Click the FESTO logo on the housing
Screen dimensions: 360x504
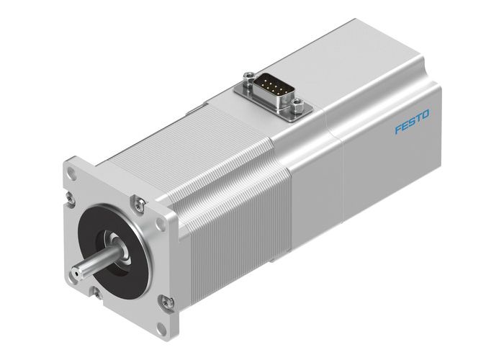point(412,121)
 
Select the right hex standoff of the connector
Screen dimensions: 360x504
point(296,108)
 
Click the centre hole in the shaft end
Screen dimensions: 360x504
point(75,274)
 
